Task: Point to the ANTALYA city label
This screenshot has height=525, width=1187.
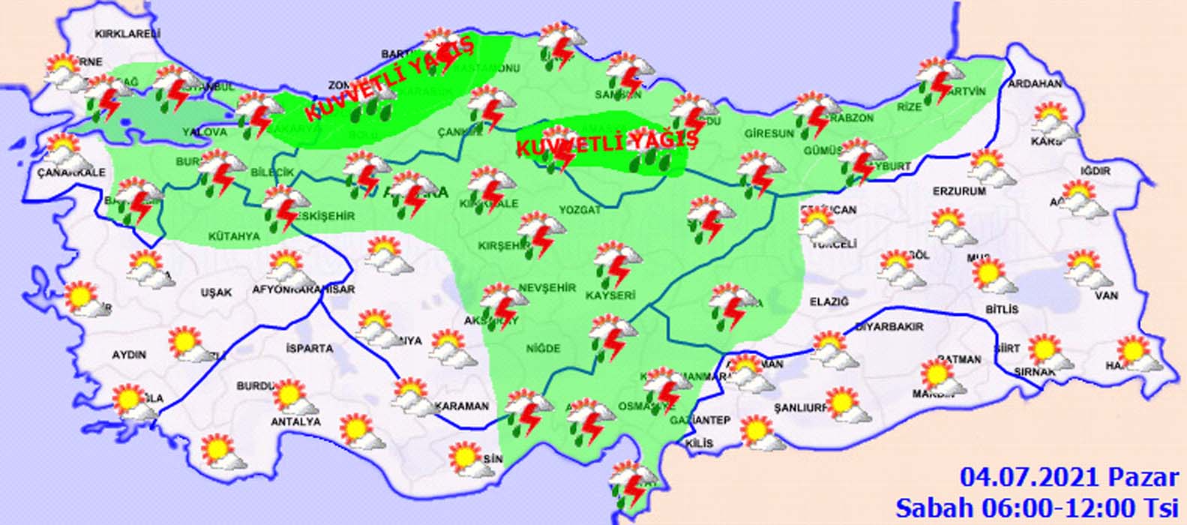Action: (295, 422)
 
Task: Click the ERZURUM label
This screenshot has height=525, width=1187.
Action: (959, 191)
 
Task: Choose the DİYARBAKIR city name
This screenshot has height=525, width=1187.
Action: (889, 327)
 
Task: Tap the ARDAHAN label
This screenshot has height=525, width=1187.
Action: (1035, 84)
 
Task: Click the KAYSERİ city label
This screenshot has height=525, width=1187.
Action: (610, 295)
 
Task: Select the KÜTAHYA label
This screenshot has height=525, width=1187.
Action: (233, 236)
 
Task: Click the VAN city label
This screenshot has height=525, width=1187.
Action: (1106, 295)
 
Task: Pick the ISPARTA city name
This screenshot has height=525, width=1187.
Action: (309, 349)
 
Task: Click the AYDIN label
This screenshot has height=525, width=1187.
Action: (129, 354)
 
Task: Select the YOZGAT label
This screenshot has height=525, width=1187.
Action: (580, 210)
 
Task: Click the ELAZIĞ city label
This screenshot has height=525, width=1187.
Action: (829, 301)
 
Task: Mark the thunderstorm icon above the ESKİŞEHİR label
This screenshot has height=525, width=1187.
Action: (286, 205)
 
